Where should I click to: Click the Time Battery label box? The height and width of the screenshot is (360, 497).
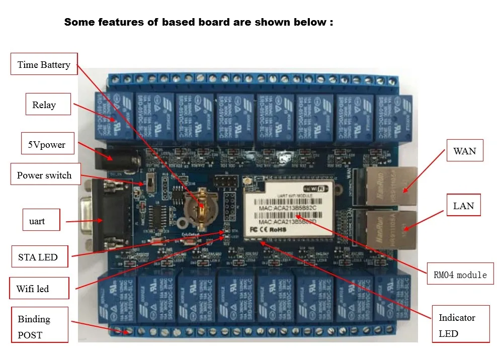(44, 64)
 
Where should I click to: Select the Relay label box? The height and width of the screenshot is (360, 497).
(44, 105)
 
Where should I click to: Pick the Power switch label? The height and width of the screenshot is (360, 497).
(44, 175)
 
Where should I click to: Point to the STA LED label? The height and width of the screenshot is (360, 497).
(38, 257)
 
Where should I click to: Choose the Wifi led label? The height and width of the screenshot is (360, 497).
(33, 289)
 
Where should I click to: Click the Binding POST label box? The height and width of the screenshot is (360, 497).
(39, 326)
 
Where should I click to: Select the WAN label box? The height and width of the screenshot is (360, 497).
(464, 151)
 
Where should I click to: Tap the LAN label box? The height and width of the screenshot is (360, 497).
(463, 205)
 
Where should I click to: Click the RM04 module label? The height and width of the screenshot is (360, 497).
(460, 275)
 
